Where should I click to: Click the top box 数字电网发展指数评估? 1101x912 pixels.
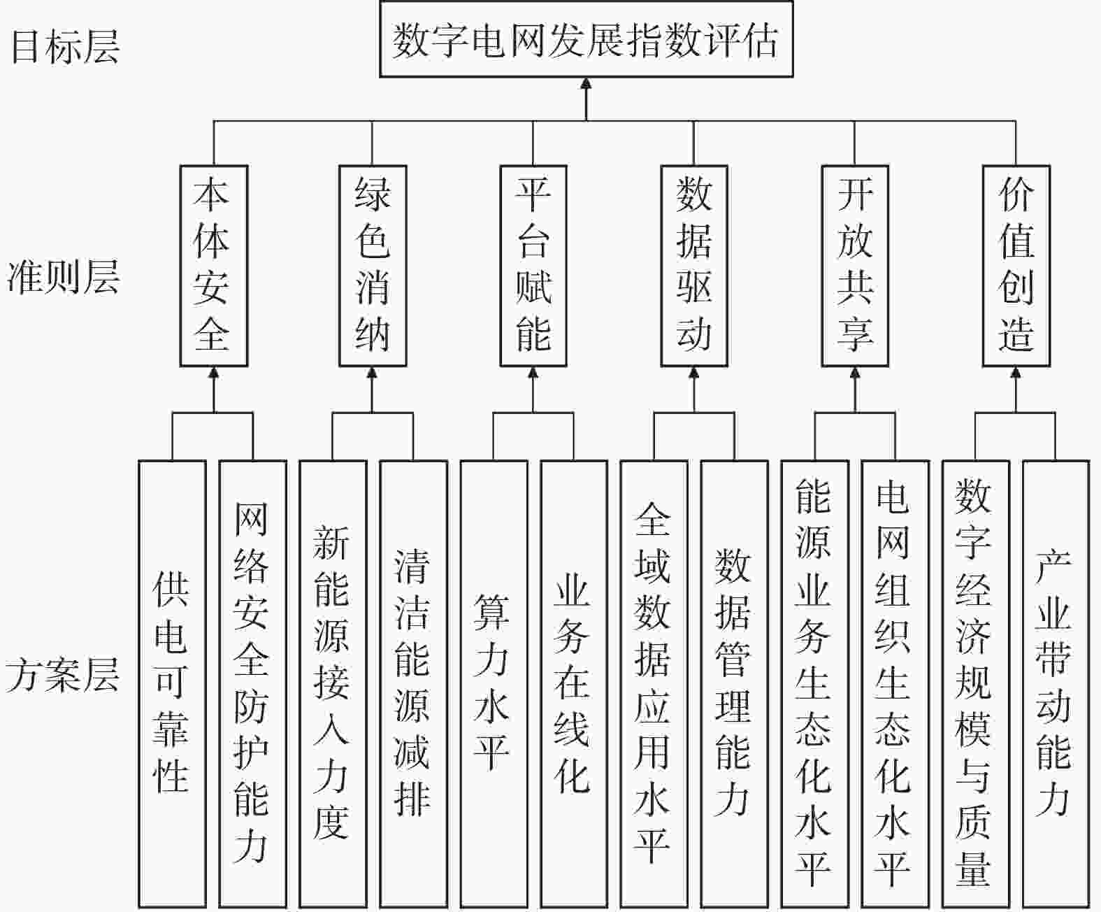pos(587,39)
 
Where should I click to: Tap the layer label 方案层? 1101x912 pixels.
pos(62,674)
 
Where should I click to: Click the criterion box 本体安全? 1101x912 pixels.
pos(213,266)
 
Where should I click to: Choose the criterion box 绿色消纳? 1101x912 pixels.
pos(373,266)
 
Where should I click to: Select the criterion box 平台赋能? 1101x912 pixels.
pos(533,266)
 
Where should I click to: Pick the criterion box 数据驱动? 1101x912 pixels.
pos(694,266)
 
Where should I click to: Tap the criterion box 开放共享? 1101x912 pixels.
pos(855,266)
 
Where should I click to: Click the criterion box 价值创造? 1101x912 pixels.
pos(1016,266)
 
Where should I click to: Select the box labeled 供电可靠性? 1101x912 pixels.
pos(173,684)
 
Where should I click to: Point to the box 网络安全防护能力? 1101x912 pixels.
pos(253,684)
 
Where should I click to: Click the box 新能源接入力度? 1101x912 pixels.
pos(333,684)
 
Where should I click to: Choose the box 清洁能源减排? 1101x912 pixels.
pos(414,684)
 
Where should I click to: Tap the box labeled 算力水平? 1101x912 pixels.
pos(494,684)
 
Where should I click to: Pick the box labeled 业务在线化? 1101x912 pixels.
pos(574,684)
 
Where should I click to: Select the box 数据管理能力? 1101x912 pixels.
pos(735,684)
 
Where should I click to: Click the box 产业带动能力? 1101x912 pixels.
pos(1056,684)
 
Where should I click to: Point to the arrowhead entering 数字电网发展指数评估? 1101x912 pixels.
pos(587,83)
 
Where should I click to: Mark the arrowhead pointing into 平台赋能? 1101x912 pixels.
pos(533,372)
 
